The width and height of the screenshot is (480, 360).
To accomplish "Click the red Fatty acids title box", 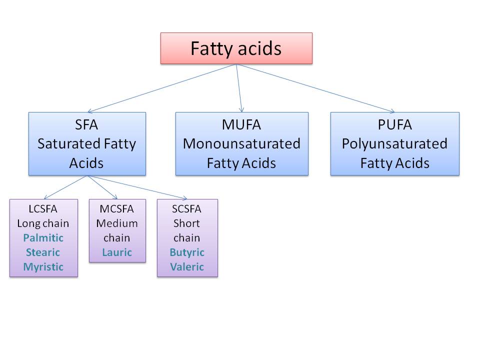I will pyautogui.click(x=236, y=48).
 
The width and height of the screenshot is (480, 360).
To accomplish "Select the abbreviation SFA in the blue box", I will pyautogui.click(x=87, y=124).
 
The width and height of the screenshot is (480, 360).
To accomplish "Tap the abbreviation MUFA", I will pyautogui.click(x=241, y=124).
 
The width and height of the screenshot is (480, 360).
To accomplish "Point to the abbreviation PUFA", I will pyautogui.click(x=394, y=124).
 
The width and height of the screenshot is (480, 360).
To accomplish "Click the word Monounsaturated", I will pyautogui.click(x=241, y=144).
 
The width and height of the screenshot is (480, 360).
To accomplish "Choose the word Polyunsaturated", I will pyautogui.click(x=394, y=144).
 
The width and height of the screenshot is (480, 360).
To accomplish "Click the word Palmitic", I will pyautogui.click(x=43, y=237).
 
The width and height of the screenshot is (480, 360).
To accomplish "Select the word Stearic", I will pyautogui.click(x=43, y=252).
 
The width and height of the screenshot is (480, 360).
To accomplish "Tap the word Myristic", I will pyautogui.click(x=43, y=266).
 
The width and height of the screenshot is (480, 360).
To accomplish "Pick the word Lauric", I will pyautogui.click(x=117, y=252).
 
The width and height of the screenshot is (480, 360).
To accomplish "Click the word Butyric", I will pyautogui.click(x=187, y=252).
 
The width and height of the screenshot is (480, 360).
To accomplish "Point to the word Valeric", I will pyautogui.click(x=187, y=266).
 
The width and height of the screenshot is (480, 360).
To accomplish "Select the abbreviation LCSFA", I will pyautogui.click(x=43, y=208).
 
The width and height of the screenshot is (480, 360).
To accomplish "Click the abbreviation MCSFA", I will pyautogui.click(x=117, y=208).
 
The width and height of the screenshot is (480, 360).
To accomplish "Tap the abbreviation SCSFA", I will pyautogui.click(x=187, y=208).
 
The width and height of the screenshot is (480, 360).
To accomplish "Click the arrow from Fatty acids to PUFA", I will pyautogui.click(x=315, y=88).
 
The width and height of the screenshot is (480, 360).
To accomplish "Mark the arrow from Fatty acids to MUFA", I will pyautogui.click(x=239, y=88).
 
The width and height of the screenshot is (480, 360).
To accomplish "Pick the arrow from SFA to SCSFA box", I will pyautogui.click(x=137, y=187).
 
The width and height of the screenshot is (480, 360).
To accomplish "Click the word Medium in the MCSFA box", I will pyautogui.click(x=117, y=223).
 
